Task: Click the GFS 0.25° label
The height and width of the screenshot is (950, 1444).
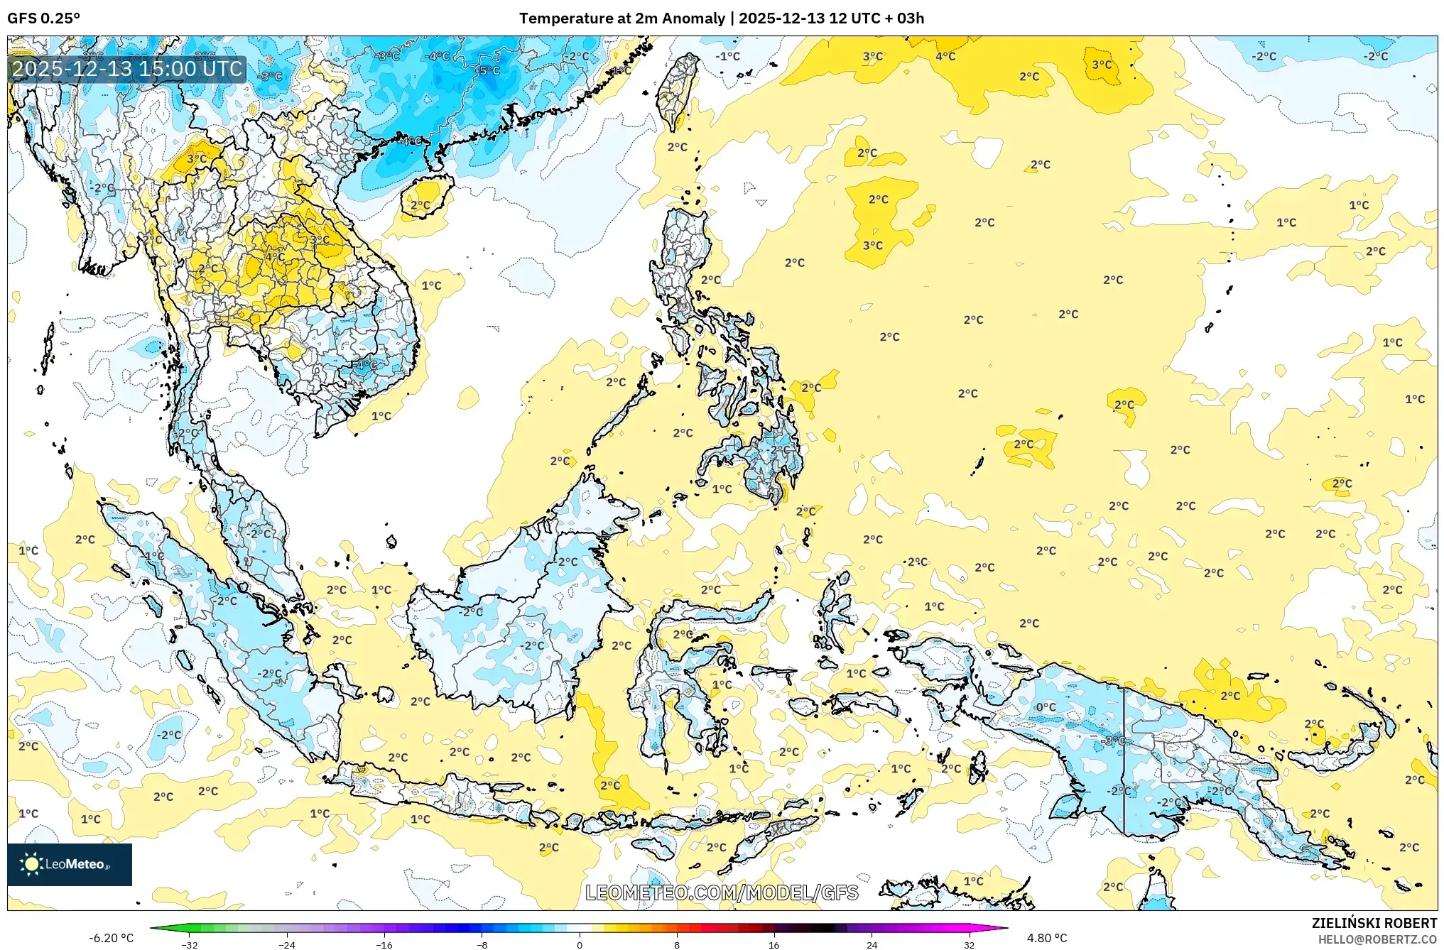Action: tap(43, 18)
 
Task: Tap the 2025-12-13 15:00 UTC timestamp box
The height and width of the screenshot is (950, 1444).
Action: tap(128, 69)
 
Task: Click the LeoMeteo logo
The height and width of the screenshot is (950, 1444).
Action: tap(69, 864)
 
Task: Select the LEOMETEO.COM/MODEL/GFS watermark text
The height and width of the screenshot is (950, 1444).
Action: tap(721, 892)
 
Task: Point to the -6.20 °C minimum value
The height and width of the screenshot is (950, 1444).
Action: tap(111, 938)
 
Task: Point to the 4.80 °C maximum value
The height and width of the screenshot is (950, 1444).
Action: tap(1046, 938)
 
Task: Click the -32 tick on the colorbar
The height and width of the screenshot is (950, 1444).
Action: tap(190, 944)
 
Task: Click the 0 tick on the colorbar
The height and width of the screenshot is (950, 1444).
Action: tap(579, 944)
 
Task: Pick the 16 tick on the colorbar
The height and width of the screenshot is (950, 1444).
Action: tap(773, 944)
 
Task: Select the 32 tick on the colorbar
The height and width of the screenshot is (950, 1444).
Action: tap(969, 944)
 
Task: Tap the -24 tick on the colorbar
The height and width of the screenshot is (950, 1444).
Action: tap(287, 944)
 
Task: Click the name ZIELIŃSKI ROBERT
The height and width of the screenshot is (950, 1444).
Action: tap(1374, 923)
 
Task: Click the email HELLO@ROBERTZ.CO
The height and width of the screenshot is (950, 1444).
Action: tap(1377, 939)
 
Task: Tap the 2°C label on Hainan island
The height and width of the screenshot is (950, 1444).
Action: tap(420, 205)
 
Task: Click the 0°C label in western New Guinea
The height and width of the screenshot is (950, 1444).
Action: tap(1046, 707)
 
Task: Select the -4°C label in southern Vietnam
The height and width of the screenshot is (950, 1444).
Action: tap(366, 365)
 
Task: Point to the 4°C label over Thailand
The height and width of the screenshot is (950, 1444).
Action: tap(275, 256)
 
